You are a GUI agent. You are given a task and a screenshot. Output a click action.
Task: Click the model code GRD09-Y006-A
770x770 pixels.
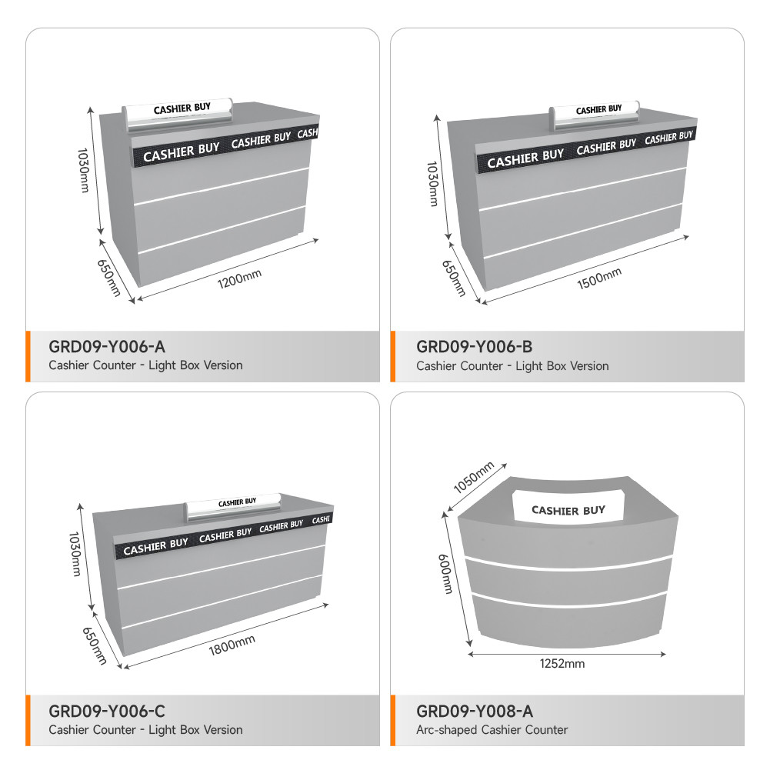pos(107,347)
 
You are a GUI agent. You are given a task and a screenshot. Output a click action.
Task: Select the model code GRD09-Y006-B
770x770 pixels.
pos(474,347)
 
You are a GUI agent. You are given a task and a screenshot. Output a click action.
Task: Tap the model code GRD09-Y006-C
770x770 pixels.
pos(107,711)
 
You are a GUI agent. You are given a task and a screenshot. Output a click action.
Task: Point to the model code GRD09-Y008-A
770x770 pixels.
pos(475,711)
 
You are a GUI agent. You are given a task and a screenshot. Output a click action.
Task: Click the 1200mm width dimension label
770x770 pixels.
pos(239,279)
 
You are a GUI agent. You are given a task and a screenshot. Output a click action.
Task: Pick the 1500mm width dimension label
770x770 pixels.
pos(599,278)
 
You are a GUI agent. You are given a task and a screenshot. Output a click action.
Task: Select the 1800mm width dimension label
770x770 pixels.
pos(232,645)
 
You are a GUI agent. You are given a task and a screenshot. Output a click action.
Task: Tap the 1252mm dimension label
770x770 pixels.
pos(562,664)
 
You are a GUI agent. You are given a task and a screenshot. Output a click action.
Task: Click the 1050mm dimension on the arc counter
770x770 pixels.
pos(473,478)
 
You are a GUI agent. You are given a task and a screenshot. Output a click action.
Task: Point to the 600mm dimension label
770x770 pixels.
pos(445,574)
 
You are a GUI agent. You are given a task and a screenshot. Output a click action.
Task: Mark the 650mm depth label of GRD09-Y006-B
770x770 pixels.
pos(453,278)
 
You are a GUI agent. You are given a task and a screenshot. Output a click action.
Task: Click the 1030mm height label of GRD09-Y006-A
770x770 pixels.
pos(84,170)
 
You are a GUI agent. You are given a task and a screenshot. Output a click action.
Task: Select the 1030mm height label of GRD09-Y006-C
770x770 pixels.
pos(75,554)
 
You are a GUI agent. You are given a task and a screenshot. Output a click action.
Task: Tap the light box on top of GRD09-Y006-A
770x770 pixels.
pos(178,114)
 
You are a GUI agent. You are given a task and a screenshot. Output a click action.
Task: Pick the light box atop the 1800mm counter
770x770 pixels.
pos(233,507)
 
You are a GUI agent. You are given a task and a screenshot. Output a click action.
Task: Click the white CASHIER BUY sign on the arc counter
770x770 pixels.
pos(568,505)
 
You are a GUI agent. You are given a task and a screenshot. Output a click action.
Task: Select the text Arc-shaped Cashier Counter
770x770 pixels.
pos(492,730)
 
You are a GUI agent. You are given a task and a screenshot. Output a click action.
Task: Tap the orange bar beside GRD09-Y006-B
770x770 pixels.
pos(393,356)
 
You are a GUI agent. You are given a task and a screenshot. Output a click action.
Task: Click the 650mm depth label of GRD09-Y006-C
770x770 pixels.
pos(95,645)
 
